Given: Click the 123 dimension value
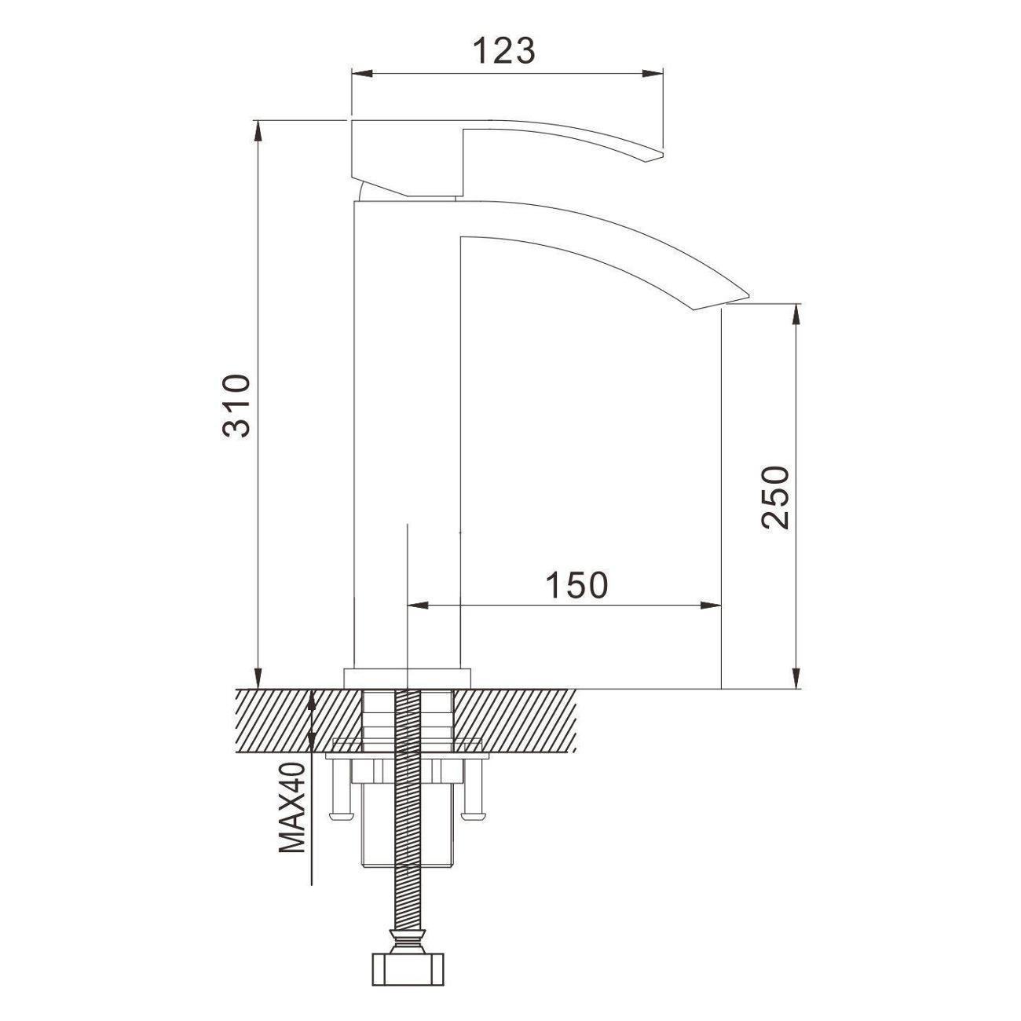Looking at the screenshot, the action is click(x=504, y=51).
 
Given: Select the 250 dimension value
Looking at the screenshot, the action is click(x=774, y=497).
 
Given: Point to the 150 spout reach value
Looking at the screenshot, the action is click(x=577, y=584).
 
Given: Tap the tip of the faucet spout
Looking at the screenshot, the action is click(x=748, y=295).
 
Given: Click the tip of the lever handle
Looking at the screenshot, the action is click(x=662, y=154).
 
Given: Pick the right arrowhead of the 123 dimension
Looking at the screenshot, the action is click(x=652, y=73).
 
